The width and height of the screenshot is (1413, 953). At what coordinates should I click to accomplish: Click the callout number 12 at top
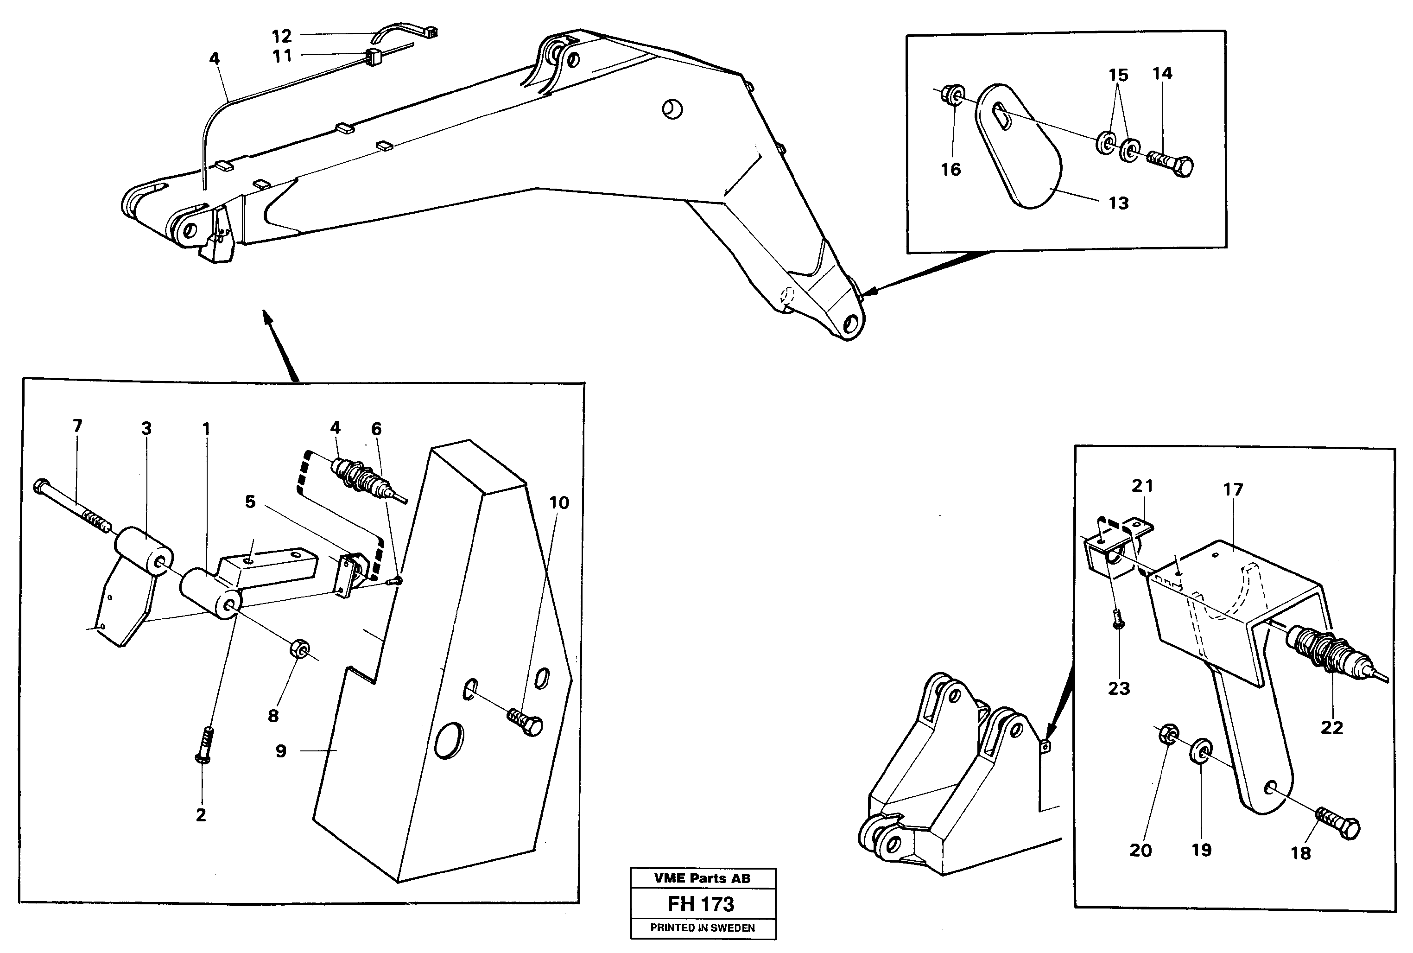point(282,36)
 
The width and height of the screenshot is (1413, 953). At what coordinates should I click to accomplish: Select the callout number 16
point(950,170)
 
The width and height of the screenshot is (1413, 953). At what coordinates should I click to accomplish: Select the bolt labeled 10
point(526,723)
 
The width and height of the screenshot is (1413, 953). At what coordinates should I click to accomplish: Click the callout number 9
point(281,751)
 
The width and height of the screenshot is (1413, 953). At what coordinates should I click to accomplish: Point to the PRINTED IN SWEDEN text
point(702,928)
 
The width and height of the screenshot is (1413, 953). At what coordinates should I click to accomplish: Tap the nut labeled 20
point(1167,734)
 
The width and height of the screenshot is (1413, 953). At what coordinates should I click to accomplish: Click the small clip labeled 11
point(373,56)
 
